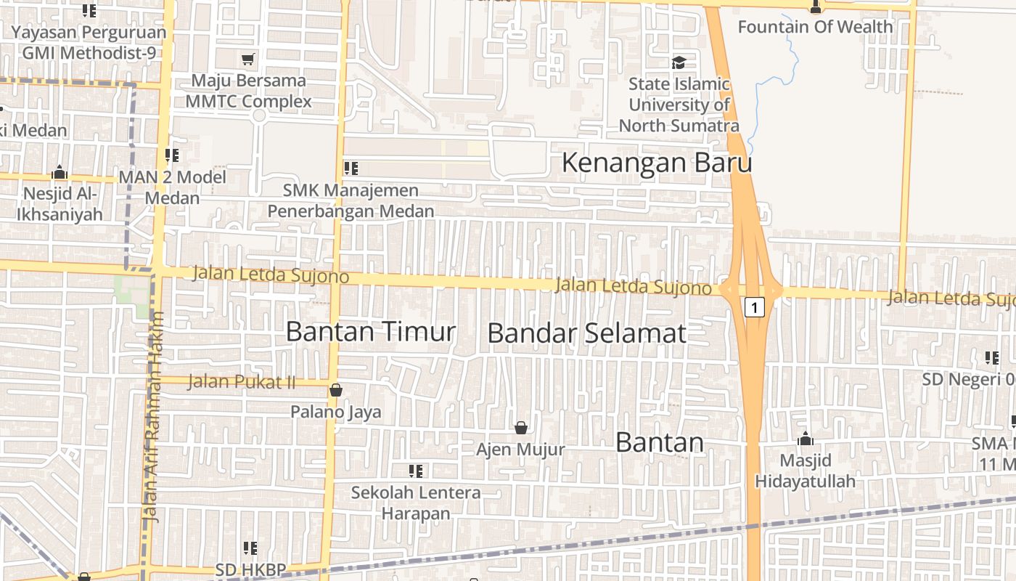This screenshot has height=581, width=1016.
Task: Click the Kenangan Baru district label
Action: pyautogui.click(x=657, y=163)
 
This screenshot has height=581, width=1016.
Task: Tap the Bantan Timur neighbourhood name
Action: pyautogui.click(x=370, y=331)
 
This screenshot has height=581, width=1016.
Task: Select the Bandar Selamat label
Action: pyautogui.click(x=586, y=333)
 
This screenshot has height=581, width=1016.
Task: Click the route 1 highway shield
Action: pyautogui.click(x=754, y=308)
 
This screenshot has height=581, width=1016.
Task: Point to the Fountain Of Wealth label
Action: pyautogui.click(x=815, y=27)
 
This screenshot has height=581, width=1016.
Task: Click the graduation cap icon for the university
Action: pyautogui.click(x=679, y=62)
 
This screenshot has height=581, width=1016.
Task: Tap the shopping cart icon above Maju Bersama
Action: pyautogui.click(x=248, y=59)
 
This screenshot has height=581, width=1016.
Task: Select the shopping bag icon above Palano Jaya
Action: pyautogui.click(x=335, y=390)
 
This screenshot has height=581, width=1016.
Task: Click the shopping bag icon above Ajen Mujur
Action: pyautogui.click(x=520, y=428)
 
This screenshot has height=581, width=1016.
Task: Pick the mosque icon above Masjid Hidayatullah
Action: pyautogui.click(x=805, y=439)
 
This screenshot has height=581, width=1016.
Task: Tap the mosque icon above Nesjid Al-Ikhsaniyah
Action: pyautogui.click(x=60, y=173)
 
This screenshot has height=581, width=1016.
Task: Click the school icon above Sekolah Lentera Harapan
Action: pyautogui.click(x=416, y=471)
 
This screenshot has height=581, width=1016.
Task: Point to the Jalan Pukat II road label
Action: pyautogui.click(x=241, y=381)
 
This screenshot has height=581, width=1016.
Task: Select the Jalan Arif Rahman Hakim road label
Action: pyautogui.click(x=153, y=417)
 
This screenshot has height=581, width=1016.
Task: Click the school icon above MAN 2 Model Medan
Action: pyautogui.click(x=172, y=155)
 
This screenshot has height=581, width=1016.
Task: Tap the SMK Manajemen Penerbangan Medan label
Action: pyautogui.click(x=351, y=200)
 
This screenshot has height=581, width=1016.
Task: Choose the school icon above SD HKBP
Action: pyautogui.click(x=250, y=548)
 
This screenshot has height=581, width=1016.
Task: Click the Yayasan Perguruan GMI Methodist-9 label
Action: pyautogui.click(x=89, y=43)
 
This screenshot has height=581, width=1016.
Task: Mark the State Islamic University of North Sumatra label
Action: pyautogui.click(x=679, y=105)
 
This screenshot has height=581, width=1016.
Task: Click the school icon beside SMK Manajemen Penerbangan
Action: pyautogui.click(x=351, y=168)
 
